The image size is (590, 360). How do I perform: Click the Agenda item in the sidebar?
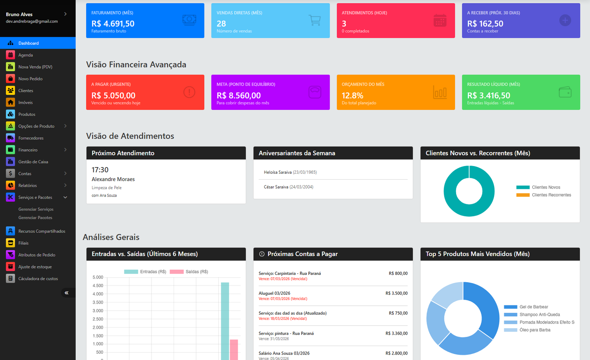point(25,55)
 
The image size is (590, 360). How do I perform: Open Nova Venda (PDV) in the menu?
point(35,67)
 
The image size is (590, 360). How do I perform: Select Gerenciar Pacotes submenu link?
point(35,218)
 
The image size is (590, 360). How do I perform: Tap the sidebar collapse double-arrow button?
point(66,293)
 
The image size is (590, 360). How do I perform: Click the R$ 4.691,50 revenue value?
point(113,24)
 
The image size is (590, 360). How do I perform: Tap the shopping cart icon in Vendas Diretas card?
point(315,20)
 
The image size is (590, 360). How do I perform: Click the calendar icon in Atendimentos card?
point(440,20)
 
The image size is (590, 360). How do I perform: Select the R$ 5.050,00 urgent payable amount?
point(113,96)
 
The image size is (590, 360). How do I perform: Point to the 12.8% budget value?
point(352,96)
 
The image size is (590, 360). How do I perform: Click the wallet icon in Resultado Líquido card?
point(565,92)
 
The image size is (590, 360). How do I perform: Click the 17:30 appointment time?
point(100,170)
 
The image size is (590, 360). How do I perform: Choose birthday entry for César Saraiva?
point(288,187)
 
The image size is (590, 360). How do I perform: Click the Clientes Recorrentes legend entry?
point(551,195)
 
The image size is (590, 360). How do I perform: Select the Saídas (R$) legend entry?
point(196,272)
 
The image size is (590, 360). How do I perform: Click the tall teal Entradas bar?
point(225,321)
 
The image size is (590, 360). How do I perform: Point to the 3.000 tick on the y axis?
point(98,311)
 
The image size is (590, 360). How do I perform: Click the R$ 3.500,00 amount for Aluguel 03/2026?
point(396,293)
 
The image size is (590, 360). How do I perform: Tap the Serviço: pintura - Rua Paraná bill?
point(286,333)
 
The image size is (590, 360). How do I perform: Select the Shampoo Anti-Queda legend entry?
point(539,315)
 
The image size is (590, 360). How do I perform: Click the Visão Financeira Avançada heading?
point(136,65)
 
